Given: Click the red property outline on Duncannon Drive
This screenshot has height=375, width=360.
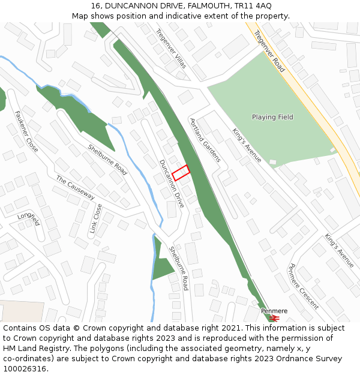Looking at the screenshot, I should (181, 172).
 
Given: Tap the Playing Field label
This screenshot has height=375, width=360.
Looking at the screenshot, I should (272, 117).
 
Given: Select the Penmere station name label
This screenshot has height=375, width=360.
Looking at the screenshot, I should (274, 311).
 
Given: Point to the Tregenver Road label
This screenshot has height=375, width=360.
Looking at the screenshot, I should (270, 52).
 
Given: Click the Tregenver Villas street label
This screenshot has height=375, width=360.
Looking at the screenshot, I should (171, 48).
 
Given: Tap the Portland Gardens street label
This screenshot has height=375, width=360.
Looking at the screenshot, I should (205, 140).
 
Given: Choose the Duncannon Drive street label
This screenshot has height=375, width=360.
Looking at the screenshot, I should (172, 183).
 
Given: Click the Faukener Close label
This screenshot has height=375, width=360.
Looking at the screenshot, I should (27, 131).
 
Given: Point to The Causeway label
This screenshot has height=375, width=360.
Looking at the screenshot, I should (76, 187).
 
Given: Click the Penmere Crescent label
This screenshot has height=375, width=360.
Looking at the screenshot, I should (304, 286).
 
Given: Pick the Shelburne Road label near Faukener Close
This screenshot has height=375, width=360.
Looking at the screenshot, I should (108, 160).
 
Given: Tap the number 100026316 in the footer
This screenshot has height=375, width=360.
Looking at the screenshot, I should (25, 368).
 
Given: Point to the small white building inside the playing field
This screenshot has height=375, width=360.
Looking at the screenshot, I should (273, 162).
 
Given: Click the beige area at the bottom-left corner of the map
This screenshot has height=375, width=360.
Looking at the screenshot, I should (21, 311).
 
